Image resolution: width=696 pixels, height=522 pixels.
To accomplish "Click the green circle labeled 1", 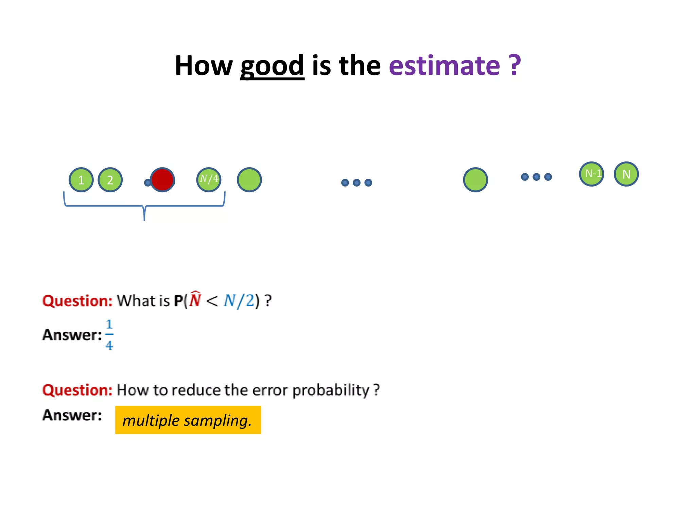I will [x=81, y=180].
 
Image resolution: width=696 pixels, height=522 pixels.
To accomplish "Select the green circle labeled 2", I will [x=110, y=180].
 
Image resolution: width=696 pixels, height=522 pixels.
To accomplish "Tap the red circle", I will [x=162, y=180].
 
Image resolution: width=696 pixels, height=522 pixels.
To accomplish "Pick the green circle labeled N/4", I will [x=209, y=180].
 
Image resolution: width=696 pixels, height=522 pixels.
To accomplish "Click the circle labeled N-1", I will [x=591, y=174].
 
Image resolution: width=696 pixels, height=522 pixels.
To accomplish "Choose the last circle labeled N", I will [x=626, y=174].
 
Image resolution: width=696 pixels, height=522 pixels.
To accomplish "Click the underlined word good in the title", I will [x=272, y=65].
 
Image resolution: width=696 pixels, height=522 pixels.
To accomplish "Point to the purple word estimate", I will [x=444, y=65].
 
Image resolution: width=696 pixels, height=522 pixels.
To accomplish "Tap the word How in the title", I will [x=204, y=65].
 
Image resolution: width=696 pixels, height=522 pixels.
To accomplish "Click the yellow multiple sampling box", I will [x=188, y=420].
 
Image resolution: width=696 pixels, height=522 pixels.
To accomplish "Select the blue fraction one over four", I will [x=109, y=335].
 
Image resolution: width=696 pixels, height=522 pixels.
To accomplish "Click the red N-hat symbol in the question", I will [x=195, y=300].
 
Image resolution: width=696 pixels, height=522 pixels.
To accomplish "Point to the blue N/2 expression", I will [x=239, y=301].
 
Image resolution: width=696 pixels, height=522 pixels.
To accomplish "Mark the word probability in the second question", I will [x=331, y=390].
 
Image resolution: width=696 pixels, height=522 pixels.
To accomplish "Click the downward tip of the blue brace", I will [x=144, y=219].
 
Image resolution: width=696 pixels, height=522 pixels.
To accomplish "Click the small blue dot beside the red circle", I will [x=147, y=183].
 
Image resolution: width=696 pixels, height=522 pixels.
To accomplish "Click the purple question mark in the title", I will [x=515, y=65].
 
